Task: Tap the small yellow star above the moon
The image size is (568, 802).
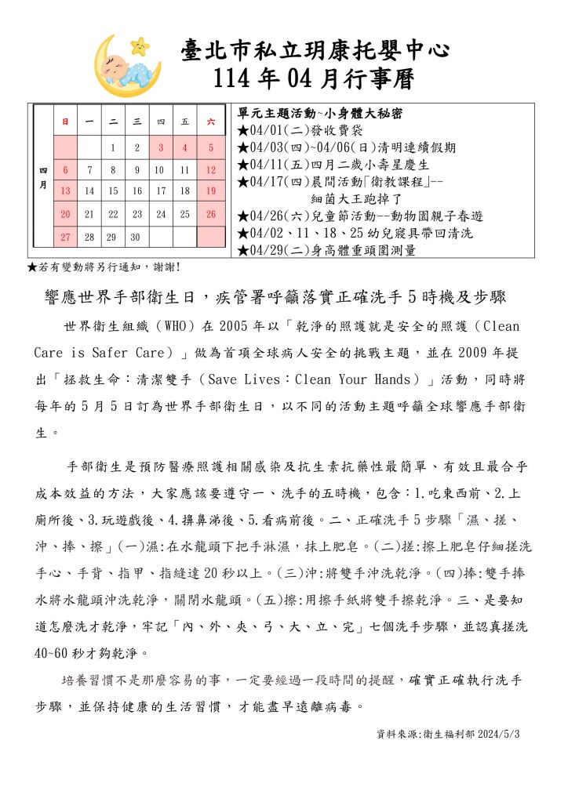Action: pos(141,45)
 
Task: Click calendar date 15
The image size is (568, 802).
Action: pos(113,191)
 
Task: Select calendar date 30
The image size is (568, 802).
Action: pos(137,237)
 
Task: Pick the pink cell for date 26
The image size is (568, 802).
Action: pos(210,213)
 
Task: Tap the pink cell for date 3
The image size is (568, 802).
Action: pos(161,147)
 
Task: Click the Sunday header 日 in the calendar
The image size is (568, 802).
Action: pos(65,122)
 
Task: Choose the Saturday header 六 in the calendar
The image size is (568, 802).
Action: pos(210,122)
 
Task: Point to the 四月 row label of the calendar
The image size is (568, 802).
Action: pos(42,180)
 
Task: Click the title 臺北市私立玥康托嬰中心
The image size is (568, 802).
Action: pos(315,52)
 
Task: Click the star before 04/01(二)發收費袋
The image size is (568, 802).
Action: pos(242,130)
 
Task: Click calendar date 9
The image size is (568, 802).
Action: pos(137,169)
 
